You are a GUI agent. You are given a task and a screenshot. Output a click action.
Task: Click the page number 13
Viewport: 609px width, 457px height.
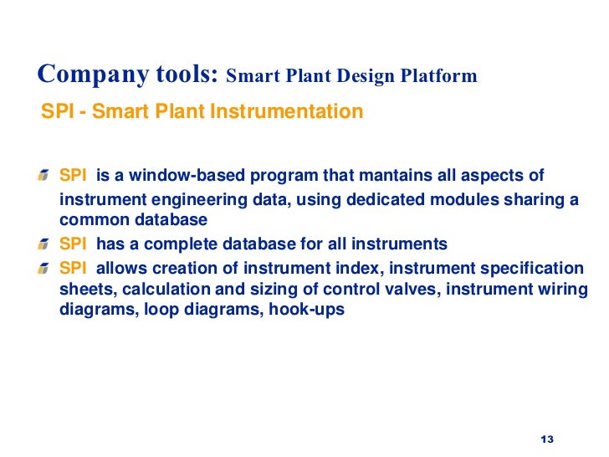tap(548, 440)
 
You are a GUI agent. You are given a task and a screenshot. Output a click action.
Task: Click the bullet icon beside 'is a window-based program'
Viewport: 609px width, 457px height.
tap(43, 177)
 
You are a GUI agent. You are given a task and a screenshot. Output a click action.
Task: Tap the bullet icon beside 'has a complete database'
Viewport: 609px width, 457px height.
tap(43, 244)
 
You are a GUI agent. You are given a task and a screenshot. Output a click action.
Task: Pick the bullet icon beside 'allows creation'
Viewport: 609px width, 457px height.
tap(43, 268)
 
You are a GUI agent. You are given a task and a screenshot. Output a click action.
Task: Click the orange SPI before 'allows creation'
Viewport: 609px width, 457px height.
tap(73, 268)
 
